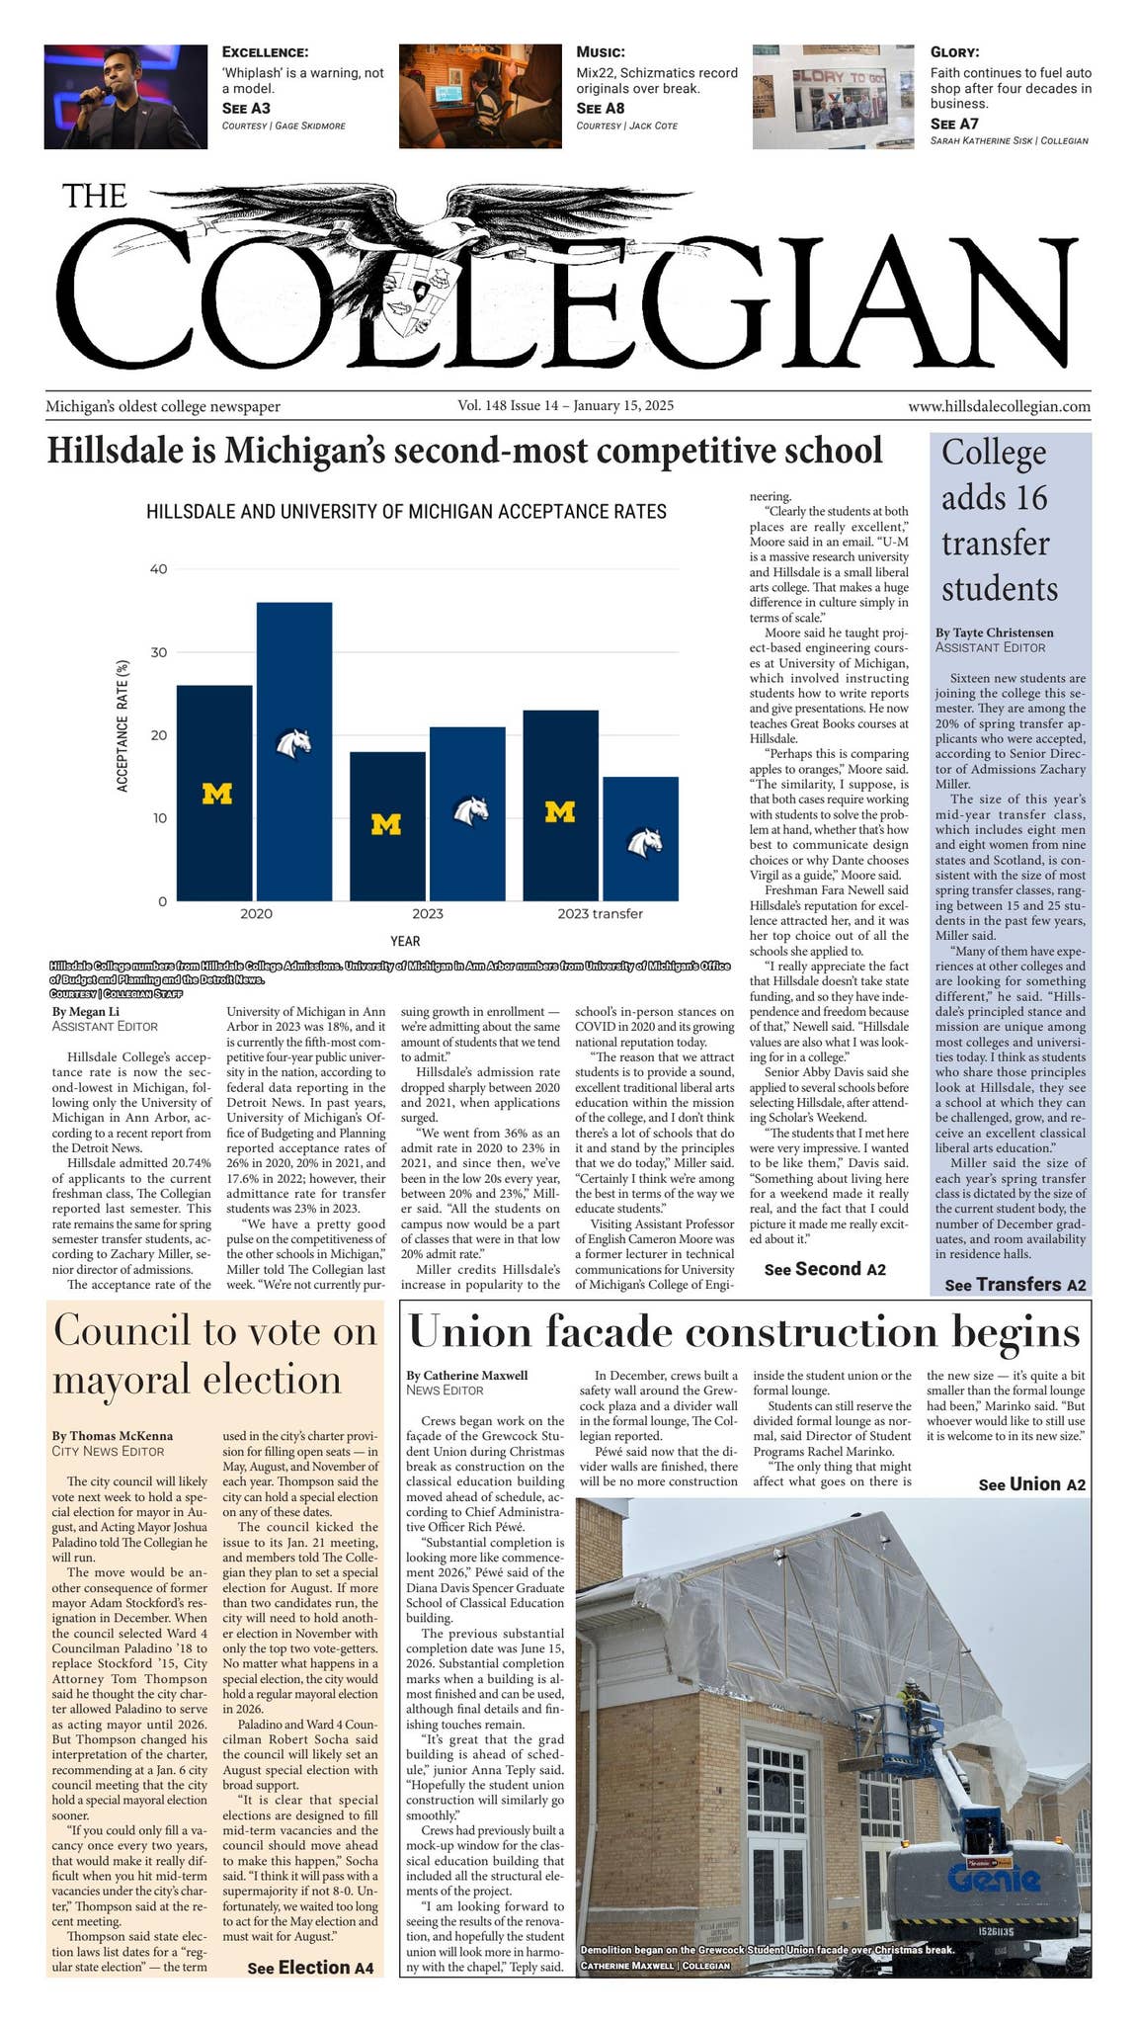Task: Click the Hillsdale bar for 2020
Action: (x=294, y=751)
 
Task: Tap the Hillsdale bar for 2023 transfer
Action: (x=640, y=839)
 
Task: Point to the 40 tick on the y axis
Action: (x=158, y=569)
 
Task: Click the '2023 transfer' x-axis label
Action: (x=600, y=914)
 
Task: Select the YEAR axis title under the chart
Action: (x=405, y=942)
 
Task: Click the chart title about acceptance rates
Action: (x=406, y=512)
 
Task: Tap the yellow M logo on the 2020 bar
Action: (x=216, y=793)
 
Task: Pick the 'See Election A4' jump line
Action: (x=310, y=1968)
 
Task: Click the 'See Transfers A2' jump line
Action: (x=1015, y=1285)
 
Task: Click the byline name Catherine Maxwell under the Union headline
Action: (x=466, y=1375)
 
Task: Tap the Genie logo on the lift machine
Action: (x=993, y=1878)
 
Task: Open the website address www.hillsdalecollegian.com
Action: (x=999, y=406)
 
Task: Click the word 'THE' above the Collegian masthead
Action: (x=95, y=196)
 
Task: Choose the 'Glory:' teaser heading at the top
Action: (x=954, y=52)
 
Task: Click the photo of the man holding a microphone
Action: (x=125, y=97)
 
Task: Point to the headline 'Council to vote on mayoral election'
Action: (x=215, y=1355)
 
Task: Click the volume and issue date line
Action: (x=565, y=406)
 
